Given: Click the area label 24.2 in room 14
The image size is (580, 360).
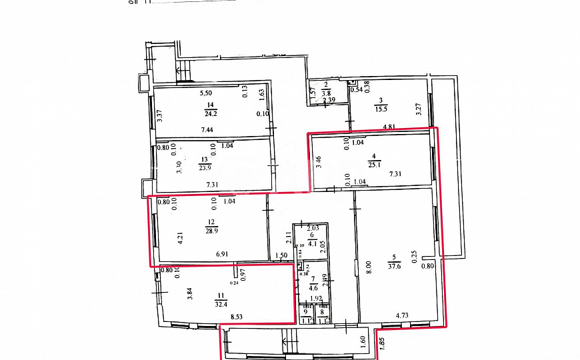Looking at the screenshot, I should tap(210, 113).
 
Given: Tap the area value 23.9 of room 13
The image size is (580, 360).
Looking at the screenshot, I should tap(204, 169).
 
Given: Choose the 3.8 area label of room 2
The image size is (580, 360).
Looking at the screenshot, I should tap(326, 94).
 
